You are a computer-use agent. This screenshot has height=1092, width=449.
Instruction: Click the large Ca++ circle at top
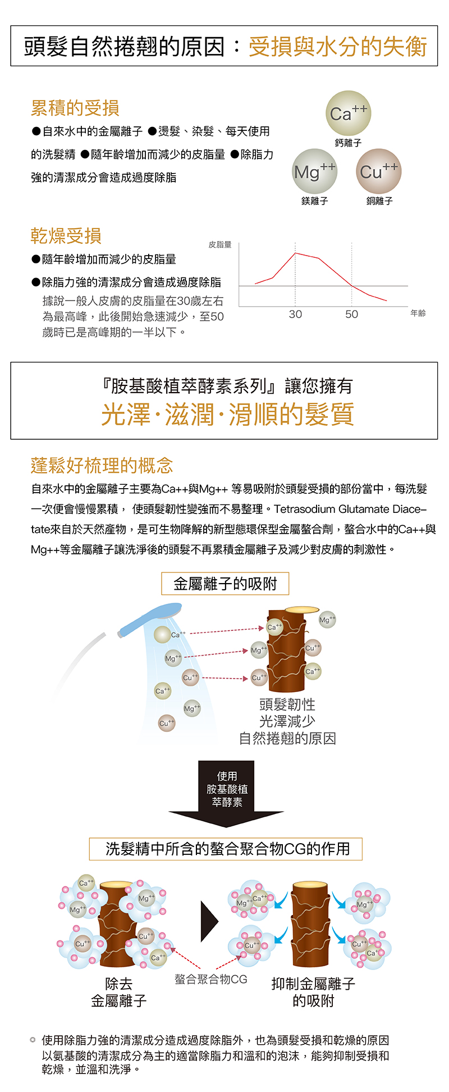[x=348, y=113]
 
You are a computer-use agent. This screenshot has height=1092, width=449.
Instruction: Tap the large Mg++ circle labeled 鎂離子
[x=314, y=171]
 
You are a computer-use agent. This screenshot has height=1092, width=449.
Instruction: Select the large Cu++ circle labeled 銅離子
[x=379, y=171]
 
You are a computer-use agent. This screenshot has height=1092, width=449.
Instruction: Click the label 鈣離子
[x=348, y=143]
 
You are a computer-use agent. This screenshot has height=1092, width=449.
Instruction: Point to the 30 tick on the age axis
[x=295, y=315]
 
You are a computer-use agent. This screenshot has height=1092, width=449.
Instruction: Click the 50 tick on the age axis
[x=352, y=315]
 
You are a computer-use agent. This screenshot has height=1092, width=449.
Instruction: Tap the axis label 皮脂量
[x=220, y=245]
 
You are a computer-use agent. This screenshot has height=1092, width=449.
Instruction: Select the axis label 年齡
[x=418, y=313]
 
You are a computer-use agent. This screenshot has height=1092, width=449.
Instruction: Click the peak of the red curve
[x=295, y=253]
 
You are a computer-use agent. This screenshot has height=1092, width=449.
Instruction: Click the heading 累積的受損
[x=75, y=108]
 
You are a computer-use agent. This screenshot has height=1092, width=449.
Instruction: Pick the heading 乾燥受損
[x=66, y=236]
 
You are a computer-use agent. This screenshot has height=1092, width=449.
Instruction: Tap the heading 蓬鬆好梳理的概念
[x=102, y=465]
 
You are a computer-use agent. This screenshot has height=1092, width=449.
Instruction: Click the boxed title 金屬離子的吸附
[x=225, y=584]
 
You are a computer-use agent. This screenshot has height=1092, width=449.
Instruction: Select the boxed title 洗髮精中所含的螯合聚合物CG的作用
[x=226, y=849]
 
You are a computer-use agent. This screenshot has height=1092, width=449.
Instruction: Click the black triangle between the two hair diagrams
[x=209, y=922]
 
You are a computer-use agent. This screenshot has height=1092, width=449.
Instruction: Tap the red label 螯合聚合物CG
[x=211, y=979]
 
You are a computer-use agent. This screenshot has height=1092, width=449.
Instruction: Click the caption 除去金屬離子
[x=119, y=992]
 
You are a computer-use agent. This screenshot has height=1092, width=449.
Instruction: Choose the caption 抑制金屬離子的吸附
[x=313, y=992]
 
